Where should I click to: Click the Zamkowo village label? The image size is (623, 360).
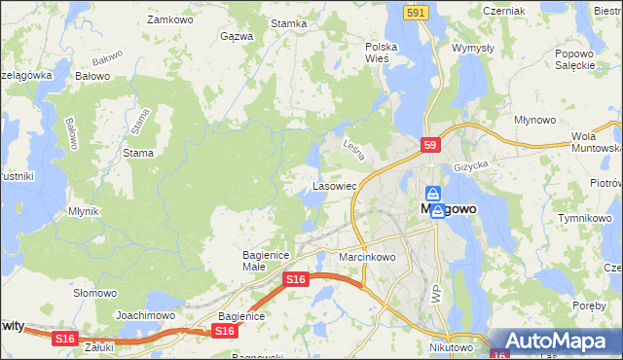tap(166, 19)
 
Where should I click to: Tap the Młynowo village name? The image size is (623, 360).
tap(534, 120)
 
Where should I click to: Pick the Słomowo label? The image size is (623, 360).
tap(95, 293)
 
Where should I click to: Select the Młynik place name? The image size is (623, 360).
tap(86, 210)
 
